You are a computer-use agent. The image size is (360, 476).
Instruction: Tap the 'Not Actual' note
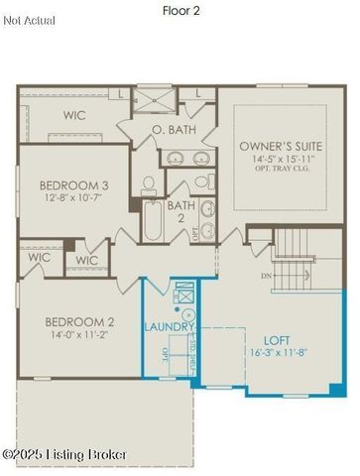(x=30, y=20)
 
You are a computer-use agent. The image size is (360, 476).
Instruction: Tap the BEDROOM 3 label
(x=72, y=184)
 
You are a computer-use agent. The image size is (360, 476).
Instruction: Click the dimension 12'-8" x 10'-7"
(x=72, y=197)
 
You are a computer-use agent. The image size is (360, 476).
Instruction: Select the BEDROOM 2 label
(x=78, y=321)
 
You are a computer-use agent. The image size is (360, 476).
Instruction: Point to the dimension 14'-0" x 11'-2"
(x=78, y=335)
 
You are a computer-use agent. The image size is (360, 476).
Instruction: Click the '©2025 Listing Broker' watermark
(x=65, y=454)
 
